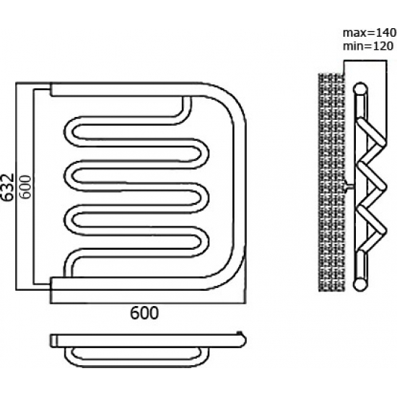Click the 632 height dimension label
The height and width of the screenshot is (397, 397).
click(x=7, y=187)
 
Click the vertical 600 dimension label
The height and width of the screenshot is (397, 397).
click(x=25, y=187)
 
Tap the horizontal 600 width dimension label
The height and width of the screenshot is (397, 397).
click(x=144, y=313)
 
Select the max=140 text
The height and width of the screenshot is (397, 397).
click(x=370, y=33)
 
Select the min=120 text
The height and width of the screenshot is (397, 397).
click(x=368, y=46)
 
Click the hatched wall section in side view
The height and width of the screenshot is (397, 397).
click(x=331, y=183)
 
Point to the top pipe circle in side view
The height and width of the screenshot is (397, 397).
click(x=360, y=89)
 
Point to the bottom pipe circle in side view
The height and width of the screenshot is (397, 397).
click(x=360, y=284)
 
